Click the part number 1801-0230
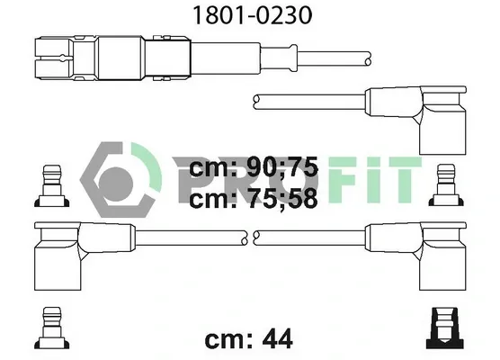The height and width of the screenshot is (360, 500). pos(249,16)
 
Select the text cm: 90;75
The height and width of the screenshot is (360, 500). pos(254,168)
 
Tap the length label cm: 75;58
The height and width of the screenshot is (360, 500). pos(254,200)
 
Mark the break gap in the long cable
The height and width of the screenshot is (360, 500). pos(250,237)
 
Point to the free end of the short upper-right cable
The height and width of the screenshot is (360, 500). pos(258,100)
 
